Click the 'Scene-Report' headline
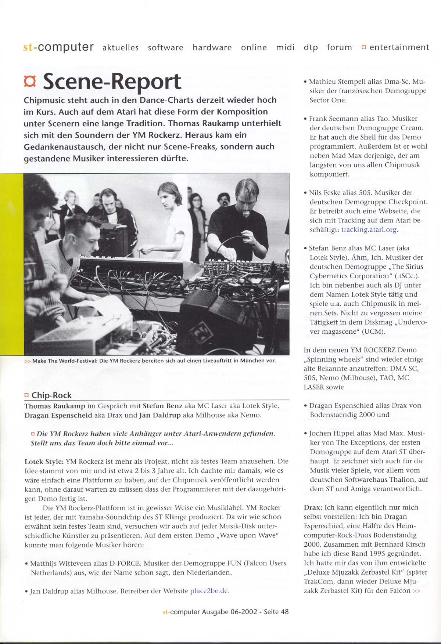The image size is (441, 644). tap(112, 81)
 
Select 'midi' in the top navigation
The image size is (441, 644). tap(285, 47)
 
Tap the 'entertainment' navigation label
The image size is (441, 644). tap(399, 47)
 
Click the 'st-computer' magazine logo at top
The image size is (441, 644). tap(58, 47)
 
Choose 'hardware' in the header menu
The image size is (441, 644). tap(212, 47)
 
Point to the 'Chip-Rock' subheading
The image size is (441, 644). tap(51, 395)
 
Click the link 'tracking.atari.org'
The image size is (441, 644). tap(369, 229)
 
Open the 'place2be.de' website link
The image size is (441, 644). tap(209, 591)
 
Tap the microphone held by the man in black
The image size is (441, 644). tap(246, 214)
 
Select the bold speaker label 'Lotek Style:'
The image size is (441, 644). tap(44, 461)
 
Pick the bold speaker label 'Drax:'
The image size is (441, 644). tap(313, 507)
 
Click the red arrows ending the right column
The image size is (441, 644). tap(416, 591)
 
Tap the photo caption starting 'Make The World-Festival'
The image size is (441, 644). tap(154, 361)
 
